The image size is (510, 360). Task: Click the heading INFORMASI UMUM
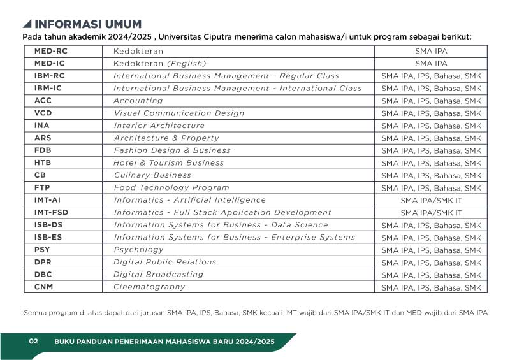point(88,24)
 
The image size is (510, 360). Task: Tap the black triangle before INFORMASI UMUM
point(27,24)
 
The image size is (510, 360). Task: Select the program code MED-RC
point(50,51)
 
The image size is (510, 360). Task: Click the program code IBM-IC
point(48,88)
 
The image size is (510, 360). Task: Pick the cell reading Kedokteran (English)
point(160,63)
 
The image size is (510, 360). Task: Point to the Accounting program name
point(138,101)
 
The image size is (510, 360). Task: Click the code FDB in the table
point(43,150)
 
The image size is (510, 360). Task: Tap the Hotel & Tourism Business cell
point(169,162)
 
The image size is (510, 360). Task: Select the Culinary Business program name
point(152,175)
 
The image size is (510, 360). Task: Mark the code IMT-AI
point(47,200)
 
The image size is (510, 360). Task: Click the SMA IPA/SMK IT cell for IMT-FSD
point(431,213)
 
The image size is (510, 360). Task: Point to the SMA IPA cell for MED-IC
point(431,64)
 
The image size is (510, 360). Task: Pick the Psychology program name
point(138,250)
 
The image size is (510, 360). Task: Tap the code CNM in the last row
point(44,287)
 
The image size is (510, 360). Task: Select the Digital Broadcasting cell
point(158,275)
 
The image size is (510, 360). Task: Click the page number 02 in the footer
point(34,342)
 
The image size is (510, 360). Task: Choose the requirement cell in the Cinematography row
point(431,287)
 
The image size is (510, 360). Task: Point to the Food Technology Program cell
point(171,187)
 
